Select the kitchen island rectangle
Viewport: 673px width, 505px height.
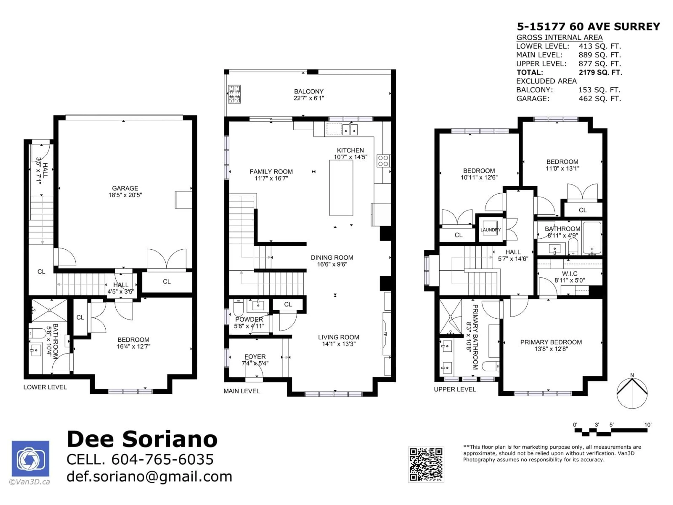pos(341,188)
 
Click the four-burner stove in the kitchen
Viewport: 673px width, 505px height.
pos(383,161)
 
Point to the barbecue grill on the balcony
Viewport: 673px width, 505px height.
pos(234,94)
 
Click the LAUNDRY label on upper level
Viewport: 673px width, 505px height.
pos(490,230)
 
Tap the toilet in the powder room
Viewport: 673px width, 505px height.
pos(238,308)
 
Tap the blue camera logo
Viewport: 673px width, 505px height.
pos(30,458)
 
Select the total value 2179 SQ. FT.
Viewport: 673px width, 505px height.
pos(600,72)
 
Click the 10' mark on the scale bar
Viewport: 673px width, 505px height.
pos(647,425)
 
